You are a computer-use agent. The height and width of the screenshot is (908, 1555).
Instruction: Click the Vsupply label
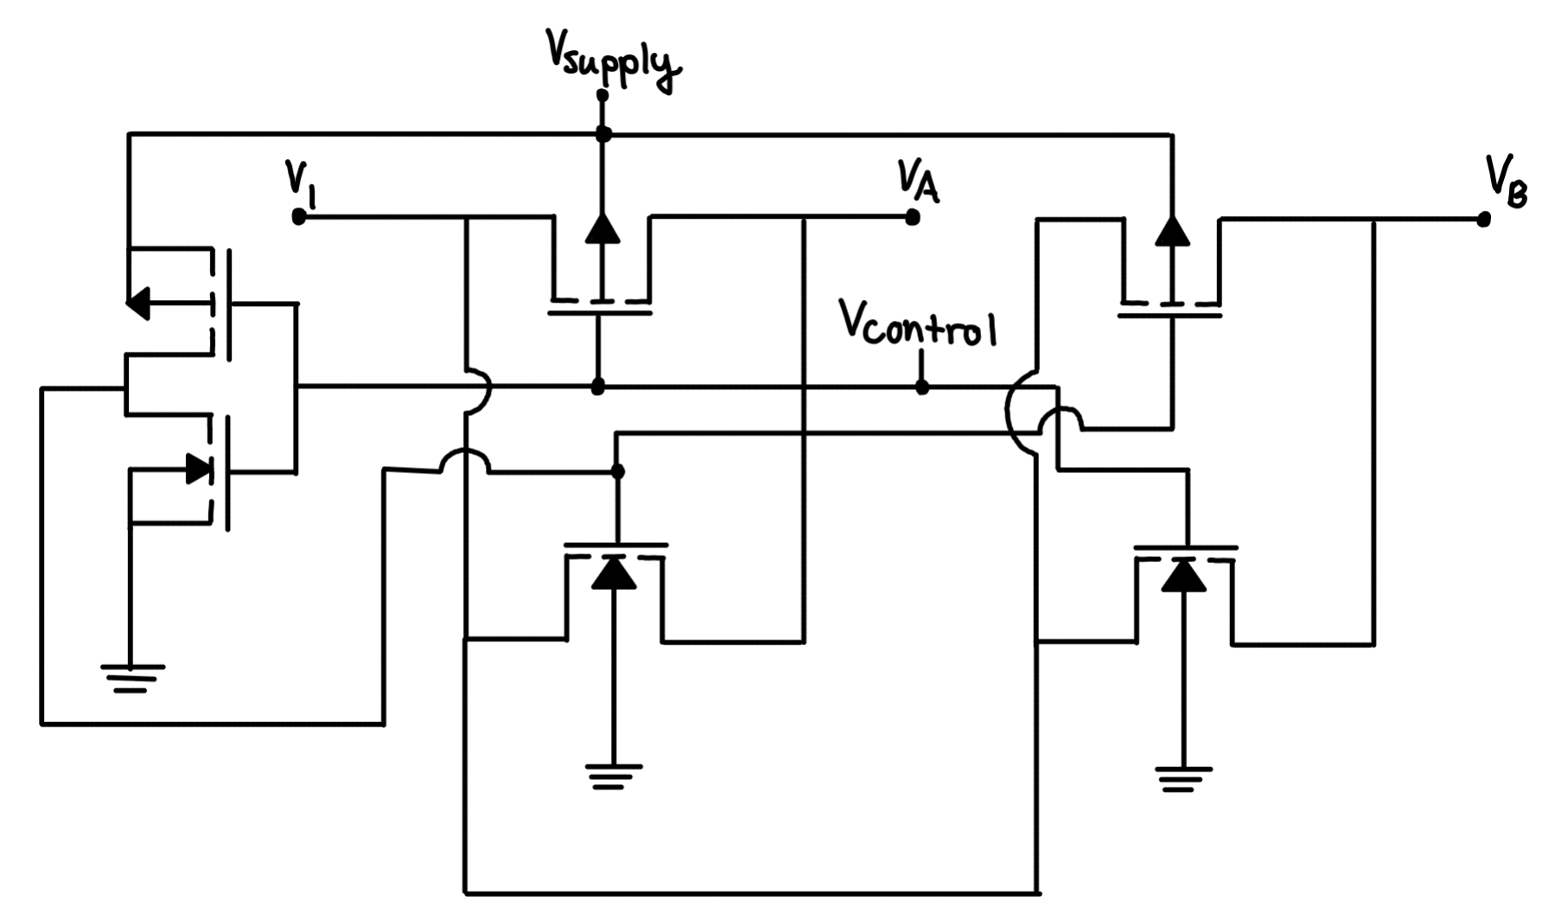pyautogui.click(x=612, y=59)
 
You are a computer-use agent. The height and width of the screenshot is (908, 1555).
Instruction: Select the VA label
pyautogui.click(x=917, y=181)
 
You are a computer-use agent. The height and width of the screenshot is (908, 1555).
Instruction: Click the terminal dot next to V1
pyautogui.click(x=299, y=217)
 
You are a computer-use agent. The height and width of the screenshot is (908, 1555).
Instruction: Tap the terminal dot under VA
pyautogui.click(x=912, y=217)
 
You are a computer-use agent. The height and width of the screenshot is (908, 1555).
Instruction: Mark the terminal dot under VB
pyautogui.click(x=1483, y=220)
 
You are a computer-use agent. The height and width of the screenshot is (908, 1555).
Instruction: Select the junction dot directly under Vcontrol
pyautogui.click(x=922, y=387)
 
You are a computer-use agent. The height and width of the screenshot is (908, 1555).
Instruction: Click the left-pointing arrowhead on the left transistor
pyautogui.click(x=138, y=303)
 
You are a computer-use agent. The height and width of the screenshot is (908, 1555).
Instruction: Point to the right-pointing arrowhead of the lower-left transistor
pyautogui.click(x=200, y=470)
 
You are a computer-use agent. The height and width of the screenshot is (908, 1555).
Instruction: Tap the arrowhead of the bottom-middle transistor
pyautogui.click(x=614, y=573)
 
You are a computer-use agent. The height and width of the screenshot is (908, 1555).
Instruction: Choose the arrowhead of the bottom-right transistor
pyautogui.click(x=1183, y=575)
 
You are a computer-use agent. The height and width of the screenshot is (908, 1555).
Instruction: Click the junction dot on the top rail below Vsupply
pyautogui.click(x=603, y=134)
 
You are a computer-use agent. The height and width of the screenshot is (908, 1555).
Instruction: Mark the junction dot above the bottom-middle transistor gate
pyautogui.click(x=617, y=471)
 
